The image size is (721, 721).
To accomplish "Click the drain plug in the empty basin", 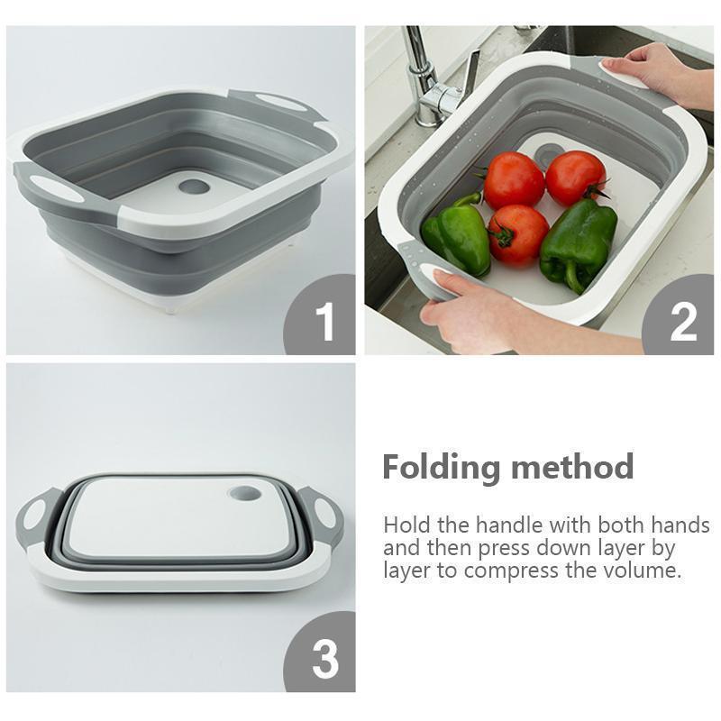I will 193,187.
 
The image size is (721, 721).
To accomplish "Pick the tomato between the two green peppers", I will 517,233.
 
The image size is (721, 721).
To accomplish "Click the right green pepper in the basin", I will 578,242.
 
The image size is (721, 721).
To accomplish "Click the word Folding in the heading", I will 441,468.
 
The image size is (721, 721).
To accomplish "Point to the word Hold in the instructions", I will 405,525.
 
